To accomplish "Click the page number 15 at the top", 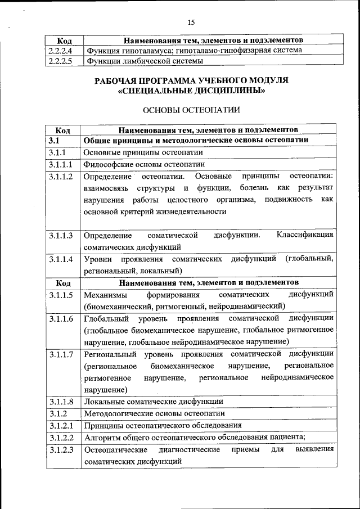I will click(191, 22).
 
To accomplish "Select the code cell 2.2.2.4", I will click(61, 51).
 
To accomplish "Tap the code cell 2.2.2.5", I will click(61, 61).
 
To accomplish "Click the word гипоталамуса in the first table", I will click(140, 51).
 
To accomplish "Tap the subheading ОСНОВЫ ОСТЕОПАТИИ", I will click(191, 110).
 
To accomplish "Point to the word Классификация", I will click(305, 235).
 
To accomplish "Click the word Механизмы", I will click(105, 294).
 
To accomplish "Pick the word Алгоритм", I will click(101, 437).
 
